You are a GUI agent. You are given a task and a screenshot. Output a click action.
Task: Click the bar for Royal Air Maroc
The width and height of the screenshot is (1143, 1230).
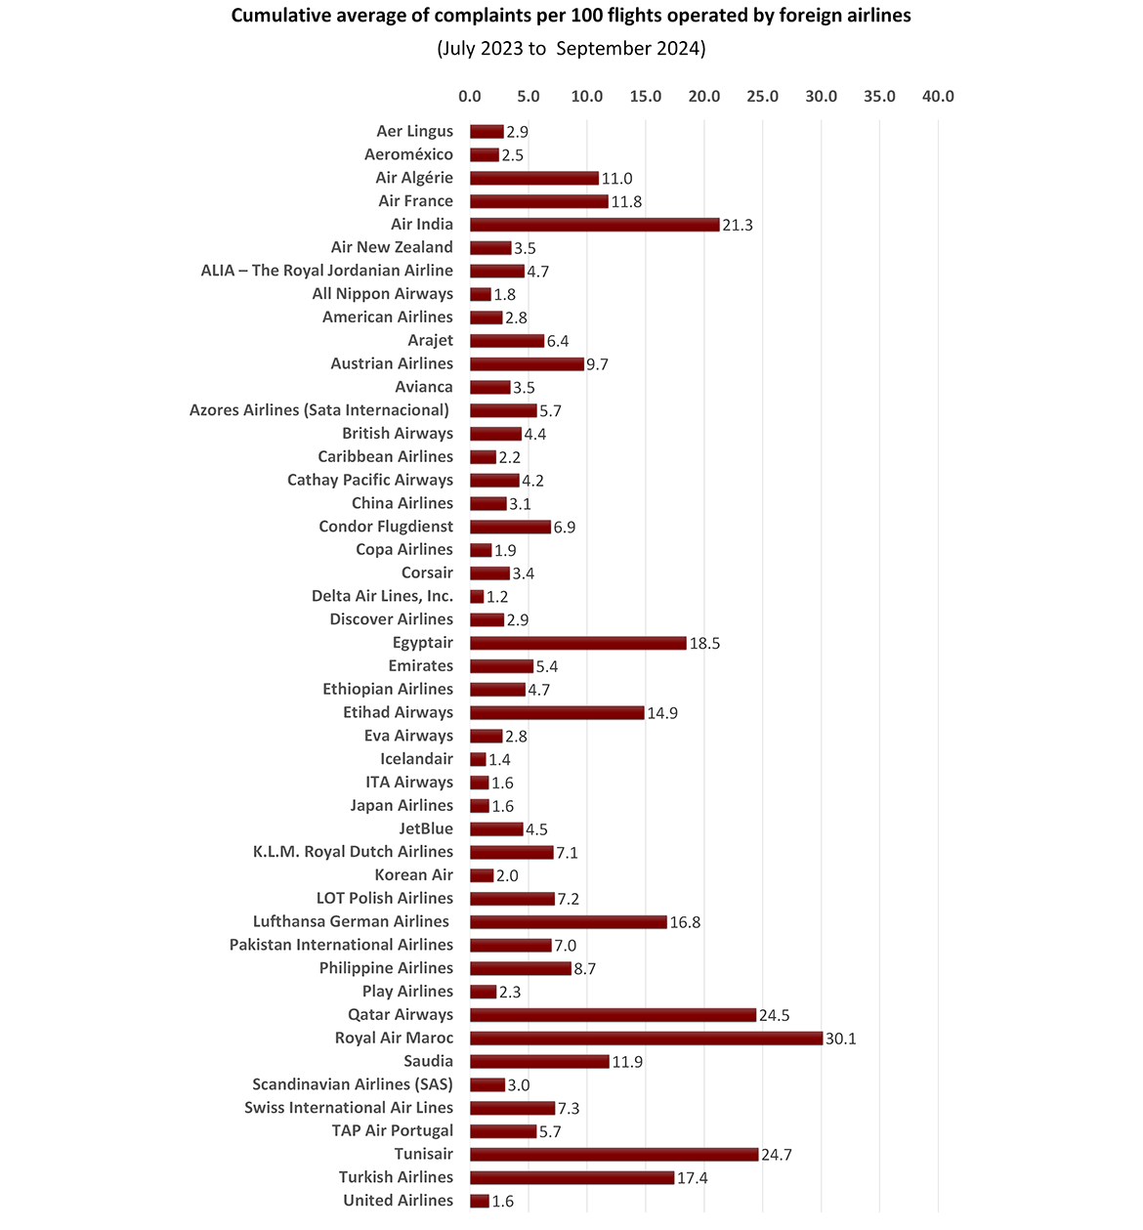[646, 1038]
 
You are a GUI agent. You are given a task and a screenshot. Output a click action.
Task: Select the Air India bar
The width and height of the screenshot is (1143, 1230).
[594, 225]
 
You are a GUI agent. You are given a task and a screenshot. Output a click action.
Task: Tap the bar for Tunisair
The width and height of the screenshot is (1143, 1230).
[614, 1154]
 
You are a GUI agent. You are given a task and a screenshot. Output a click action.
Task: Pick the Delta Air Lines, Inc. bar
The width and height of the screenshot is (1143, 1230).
[477, 596]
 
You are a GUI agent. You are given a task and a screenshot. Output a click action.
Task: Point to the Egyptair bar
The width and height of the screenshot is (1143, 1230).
[577, 643]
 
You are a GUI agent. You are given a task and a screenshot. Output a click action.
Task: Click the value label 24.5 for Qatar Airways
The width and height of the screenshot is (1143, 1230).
[774, 1015]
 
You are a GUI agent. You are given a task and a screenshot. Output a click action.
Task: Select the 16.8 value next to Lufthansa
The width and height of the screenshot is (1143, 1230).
[685, 922]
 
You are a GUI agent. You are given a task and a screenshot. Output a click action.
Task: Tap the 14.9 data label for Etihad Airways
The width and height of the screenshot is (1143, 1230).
[662, 713]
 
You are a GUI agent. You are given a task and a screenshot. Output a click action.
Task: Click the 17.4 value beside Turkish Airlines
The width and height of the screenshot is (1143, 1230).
[692, 1178]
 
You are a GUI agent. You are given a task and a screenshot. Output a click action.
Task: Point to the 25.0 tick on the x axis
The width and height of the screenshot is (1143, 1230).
[762, 96]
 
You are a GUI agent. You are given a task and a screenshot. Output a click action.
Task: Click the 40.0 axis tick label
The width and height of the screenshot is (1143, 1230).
[938, 96]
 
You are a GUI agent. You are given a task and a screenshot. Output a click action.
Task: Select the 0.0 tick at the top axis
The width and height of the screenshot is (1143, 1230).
[470, 96]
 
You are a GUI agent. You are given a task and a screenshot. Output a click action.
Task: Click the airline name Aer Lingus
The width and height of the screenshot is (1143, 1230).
[414, 131]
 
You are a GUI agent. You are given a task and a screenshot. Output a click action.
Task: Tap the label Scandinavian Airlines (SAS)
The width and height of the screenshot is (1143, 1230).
[353, 1084]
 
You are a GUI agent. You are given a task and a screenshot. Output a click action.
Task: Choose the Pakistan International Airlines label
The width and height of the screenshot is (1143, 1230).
[341, 945]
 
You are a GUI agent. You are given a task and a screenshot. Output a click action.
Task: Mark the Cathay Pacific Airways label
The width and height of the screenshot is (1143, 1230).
[370, 480]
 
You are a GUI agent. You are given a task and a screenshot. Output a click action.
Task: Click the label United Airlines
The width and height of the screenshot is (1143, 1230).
[398, 1201]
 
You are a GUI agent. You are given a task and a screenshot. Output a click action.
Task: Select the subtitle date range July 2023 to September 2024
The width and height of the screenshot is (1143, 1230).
[571, 49]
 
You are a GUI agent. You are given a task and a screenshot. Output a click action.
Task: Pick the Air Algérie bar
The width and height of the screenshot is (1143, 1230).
[533, 178]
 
